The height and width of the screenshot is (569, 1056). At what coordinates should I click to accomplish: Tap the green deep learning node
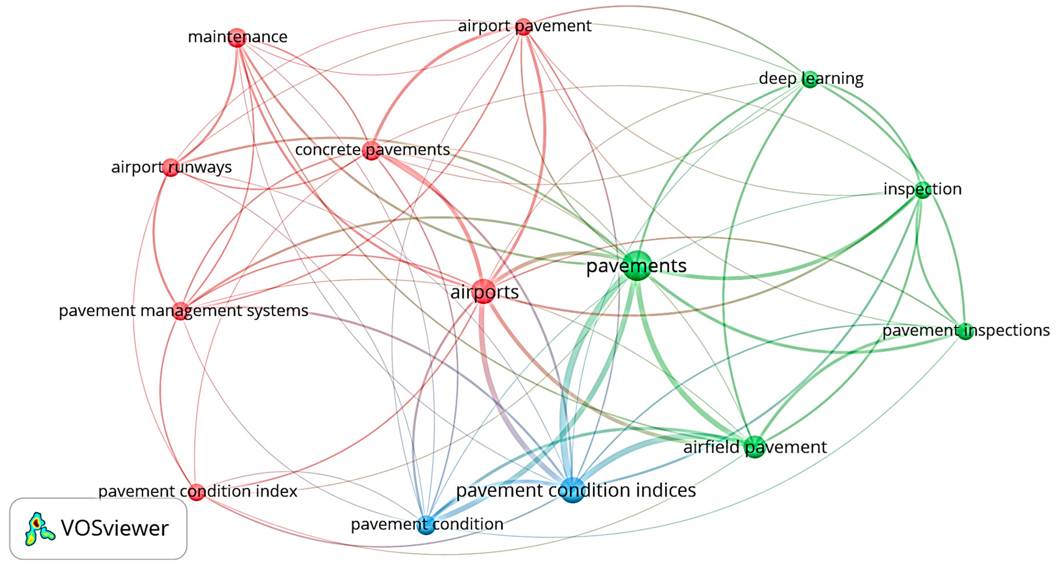coord(810,79)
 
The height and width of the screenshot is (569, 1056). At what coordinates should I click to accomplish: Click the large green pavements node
coord(637,266)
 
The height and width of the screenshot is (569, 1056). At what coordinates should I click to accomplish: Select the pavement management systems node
coord(180,311)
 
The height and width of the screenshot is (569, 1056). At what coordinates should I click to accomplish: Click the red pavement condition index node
coord(196,492)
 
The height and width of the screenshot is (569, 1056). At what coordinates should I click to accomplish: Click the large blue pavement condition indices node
coord(573,490)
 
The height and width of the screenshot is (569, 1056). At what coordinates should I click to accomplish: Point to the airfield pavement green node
coord(755,447)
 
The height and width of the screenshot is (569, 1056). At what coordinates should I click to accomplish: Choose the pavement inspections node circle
coord(965,331)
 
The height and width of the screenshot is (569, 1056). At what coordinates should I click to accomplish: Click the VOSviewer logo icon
coord(39,529)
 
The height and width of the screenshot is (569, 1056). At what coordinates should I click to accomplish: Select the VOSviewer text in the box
coord(115,528)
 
